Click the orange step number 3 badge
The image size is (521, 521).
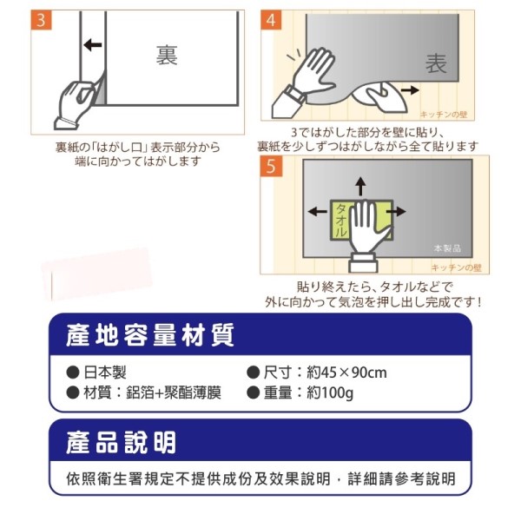(41, 20)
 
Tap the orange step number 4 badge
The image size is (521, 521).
(271, 20)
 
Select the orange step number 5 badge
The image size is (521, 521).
(271, 166)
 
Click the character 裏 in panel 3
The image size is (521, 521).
(167, 56)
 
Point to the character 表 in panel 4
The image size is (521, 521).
(436, 63)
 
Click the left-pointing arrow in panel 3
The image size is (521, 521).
(93, 44)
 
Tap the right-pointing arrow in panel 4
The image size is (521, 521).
(410, 89)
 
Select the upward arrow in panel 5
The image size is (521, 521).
(361, 187)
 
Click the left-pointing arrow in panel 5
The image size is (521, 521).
(318, 211)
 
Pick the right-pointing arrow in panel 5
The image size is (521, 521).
(397, 211)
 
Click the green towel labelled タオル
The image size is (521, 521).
(340, 221)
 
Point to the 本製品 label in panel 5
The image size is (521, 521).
(447, 248)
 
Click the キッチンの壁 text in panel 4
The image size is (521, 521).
(444, 115)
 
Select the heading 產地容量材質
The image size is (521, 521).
(150, 335)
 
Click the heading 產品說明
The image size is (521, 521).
(121, 443)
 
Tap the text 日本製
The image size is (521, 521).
(105, 373)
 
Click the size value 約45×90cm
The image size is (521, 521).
(346, 373)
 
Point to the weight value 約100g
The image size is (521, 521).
(330, 393)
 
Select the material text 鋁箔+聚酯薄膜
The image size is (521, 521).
(174, 393)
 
